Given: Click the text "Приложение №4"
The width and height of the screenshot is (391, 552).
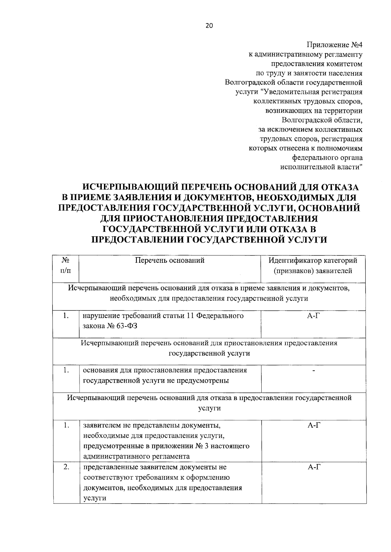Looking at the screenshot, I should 335,44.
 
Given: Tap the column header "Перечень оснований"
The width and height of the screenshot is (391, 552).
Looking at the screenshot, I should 170,260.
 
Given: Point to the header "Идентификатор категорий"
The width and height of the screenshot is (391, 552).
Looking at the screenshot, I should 313,260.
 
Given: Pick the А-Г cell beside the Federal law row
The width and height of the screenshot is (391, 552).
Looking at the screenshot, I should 313,316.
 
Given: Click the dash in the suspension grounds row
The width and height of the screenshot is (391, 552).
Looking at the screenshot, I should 313,371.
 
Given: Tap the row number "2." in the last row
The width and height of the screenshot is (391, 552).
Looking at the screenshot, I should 66,467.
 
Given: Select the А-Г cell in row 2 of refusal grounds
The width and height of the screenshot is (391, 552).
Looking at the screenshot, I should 313,467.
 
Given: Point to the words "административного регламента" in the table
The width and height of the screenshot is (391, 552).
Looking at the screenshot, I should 137,456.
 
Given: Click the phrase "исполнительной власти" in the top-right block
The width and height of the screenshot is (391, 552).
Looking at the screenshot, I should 322,167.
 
